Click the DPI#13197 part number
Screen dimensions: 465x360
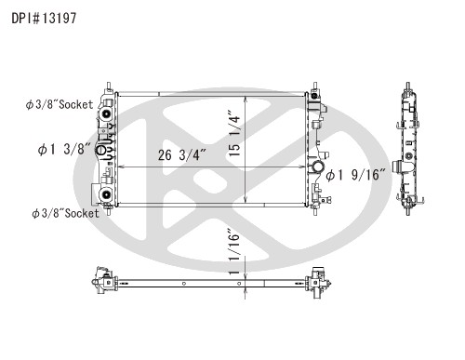tap(44, 19)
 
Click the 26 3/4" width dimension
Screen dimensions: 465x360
tap(182, 154)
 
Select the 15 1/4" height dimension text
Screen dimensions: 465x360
tap(234, 133)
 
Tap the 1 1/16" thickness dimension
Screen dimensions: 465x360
tap(234, 252)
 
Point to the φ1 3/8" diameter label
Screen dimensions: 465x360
tap(64, 149)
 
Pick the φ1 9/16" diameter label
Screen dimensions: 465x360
tap(355, 175)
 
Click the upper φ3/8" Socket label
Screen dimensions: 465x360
tap(60, 104)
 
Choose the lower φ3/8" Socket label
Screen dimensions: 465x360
tap(65, 213)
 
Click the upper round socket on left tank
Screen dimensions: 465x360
tap(106, 114)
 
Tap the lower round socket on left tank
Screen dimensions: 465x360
tap(106, 194)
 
